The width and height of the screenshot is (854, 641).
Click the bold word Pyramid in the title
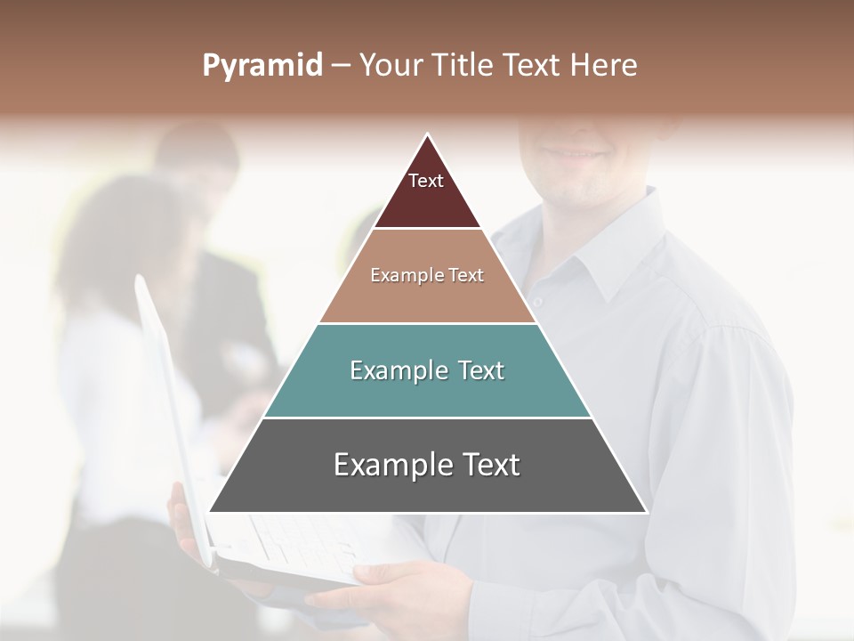[x=262, y=66]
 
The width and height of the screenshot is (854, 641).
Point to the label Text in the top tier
[x=426, y=181]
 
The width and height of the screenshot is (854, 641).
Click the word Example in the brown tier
[x=396, y=276]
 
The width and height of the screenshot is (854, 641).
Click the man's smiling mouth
[x=574, y=152]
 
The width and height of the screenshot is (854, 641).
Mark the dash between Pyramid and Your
[x=341, y=66]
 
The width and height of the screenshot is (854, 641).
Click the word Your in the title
[x=389, y=66]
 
